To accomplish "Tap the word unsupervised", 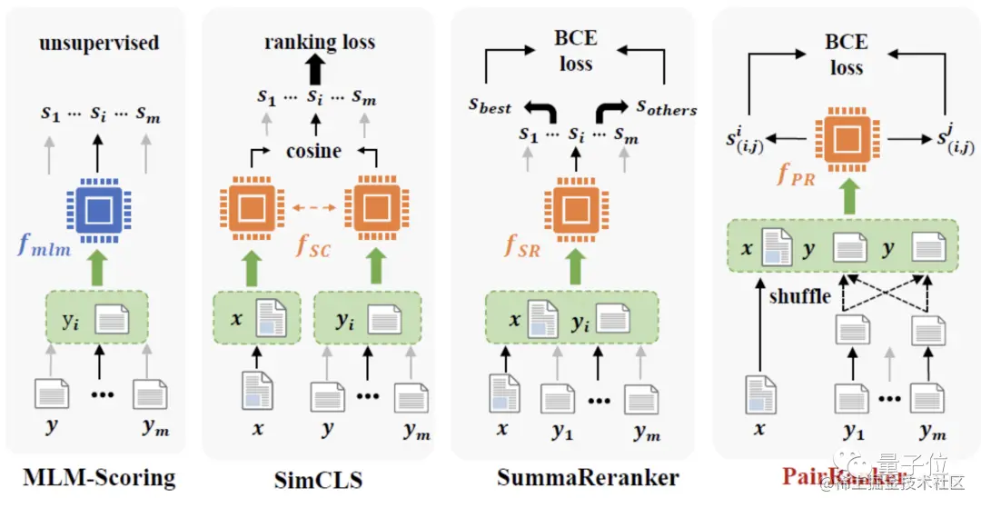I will click(99, 43).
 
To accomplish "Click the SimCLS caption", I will click(318, 479).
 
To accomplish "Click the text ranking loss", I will click(319, 42).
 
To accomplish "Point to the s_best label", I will click(490, 105).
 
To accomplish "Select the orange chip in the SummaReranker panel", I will click(575, 209).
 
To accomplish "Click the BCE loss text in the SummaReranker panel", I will click(576, 52).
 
